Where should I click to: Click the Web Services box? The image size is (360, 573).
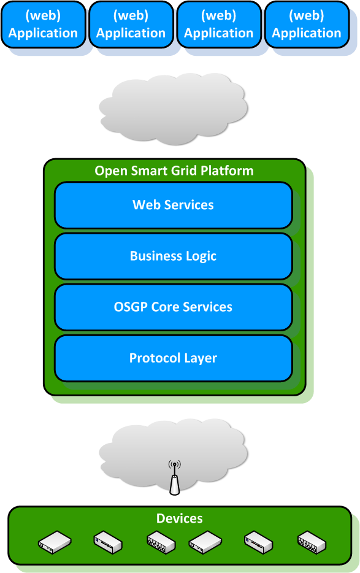click(x=173, y=205)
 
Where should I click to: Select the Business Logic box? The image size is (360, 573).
click(x=173, y=256)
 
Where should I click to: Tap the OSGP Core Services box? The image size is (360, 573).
click(x=173, y=307)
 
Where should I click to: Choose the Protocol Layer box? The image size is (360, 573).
click(x=173, y=358)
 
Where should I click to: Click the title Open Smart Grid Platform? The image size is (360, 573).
click(x=174, y=171)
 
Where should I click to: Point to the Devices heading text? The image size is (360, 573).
click(x=179, y=518)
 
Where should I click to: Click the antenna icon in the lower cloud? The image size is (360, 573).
click(x=175, y=479)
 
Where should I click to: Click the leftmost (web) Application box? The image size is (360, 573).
click(x=43, y=25)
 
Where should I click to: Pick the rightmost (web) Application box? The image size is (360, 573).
click(x=306, y=25)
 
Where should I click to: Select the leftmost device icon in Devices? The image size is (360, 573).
click(x=55, y=542)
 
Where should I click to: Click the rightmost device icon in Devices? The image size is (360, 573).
click(x=312, y=543)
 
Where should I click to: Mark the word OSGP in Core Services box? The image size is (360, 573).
click(x=131, y=307)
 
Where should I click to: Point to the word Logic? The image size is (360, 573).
click(x=201, y=256)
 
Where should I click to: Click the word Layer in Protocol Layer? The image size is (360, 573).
click(x=200, y=358)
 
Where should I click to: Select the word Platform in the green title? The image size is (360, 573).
click(x=229, y=171)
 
